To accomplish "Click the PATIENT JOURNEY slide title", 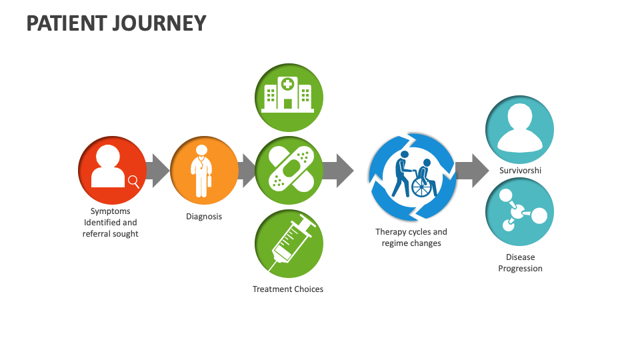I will (116, 23).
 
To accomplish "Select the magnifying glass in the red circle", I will (133, 181).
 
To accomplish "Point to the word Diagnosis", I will (204, 217).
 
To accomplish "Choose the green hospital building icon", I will (289, 97).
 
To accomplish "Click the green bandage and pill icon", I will (289, 170).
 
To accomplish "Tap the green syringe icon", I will (289, 243).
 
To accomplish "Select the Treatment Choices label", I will (288, 289).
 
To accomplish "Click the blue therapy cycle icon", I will (412, 176).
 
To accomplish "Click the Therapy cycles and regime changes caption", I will (411, 238).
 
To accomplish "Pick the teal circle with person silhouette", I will (519, 129).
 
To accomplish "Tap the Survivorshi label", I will (520, 171).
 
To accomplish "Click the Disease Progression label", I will (520, 263).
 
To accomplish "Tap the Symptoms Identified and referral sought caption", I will (111, 223).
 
